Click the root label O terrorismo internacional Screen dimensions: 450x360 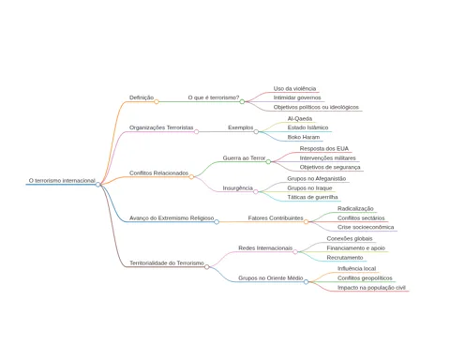coord(62,181)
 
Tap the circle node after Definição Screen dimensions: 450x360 coord(157,101)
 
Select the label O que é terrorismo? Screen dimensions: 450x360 coord(214,97)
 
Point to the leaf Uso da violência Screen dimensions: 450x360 coord(294,88)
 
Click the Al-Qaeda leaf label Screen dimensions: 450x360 coord(300,118)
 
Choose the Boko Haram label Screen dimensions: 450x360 coord(304,137)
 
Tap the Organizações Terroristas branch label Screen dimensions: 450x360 coord(161,127)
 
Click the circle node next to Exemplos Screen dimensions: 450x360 coord(256,132)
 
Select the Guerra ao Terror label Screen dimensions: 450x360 coord(244,157)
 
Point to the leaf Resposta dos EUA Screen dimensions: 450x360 coord(324,148)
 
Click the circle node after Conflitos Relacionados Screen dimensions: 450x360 coord(191,177)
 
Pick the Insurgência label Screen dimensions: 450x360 coord(237,187)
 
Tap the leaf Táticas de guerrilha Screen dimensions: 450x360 coord(312,197)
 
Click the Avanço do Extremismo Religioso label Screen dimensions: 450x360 coord(172,217)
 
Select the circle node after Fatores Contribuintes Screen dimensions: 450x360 coord(307,222)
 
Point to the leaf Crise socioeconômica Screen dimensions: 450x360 coord(366,227)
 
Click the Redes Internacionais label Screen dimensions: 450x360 coord(265,247)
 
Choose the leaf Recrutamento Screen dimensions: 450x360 coord(345,257)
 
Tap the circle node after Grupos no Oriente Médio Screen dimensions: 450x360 coord(307,282)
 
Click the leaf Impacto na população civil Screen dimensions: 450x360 coord(371,288)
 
